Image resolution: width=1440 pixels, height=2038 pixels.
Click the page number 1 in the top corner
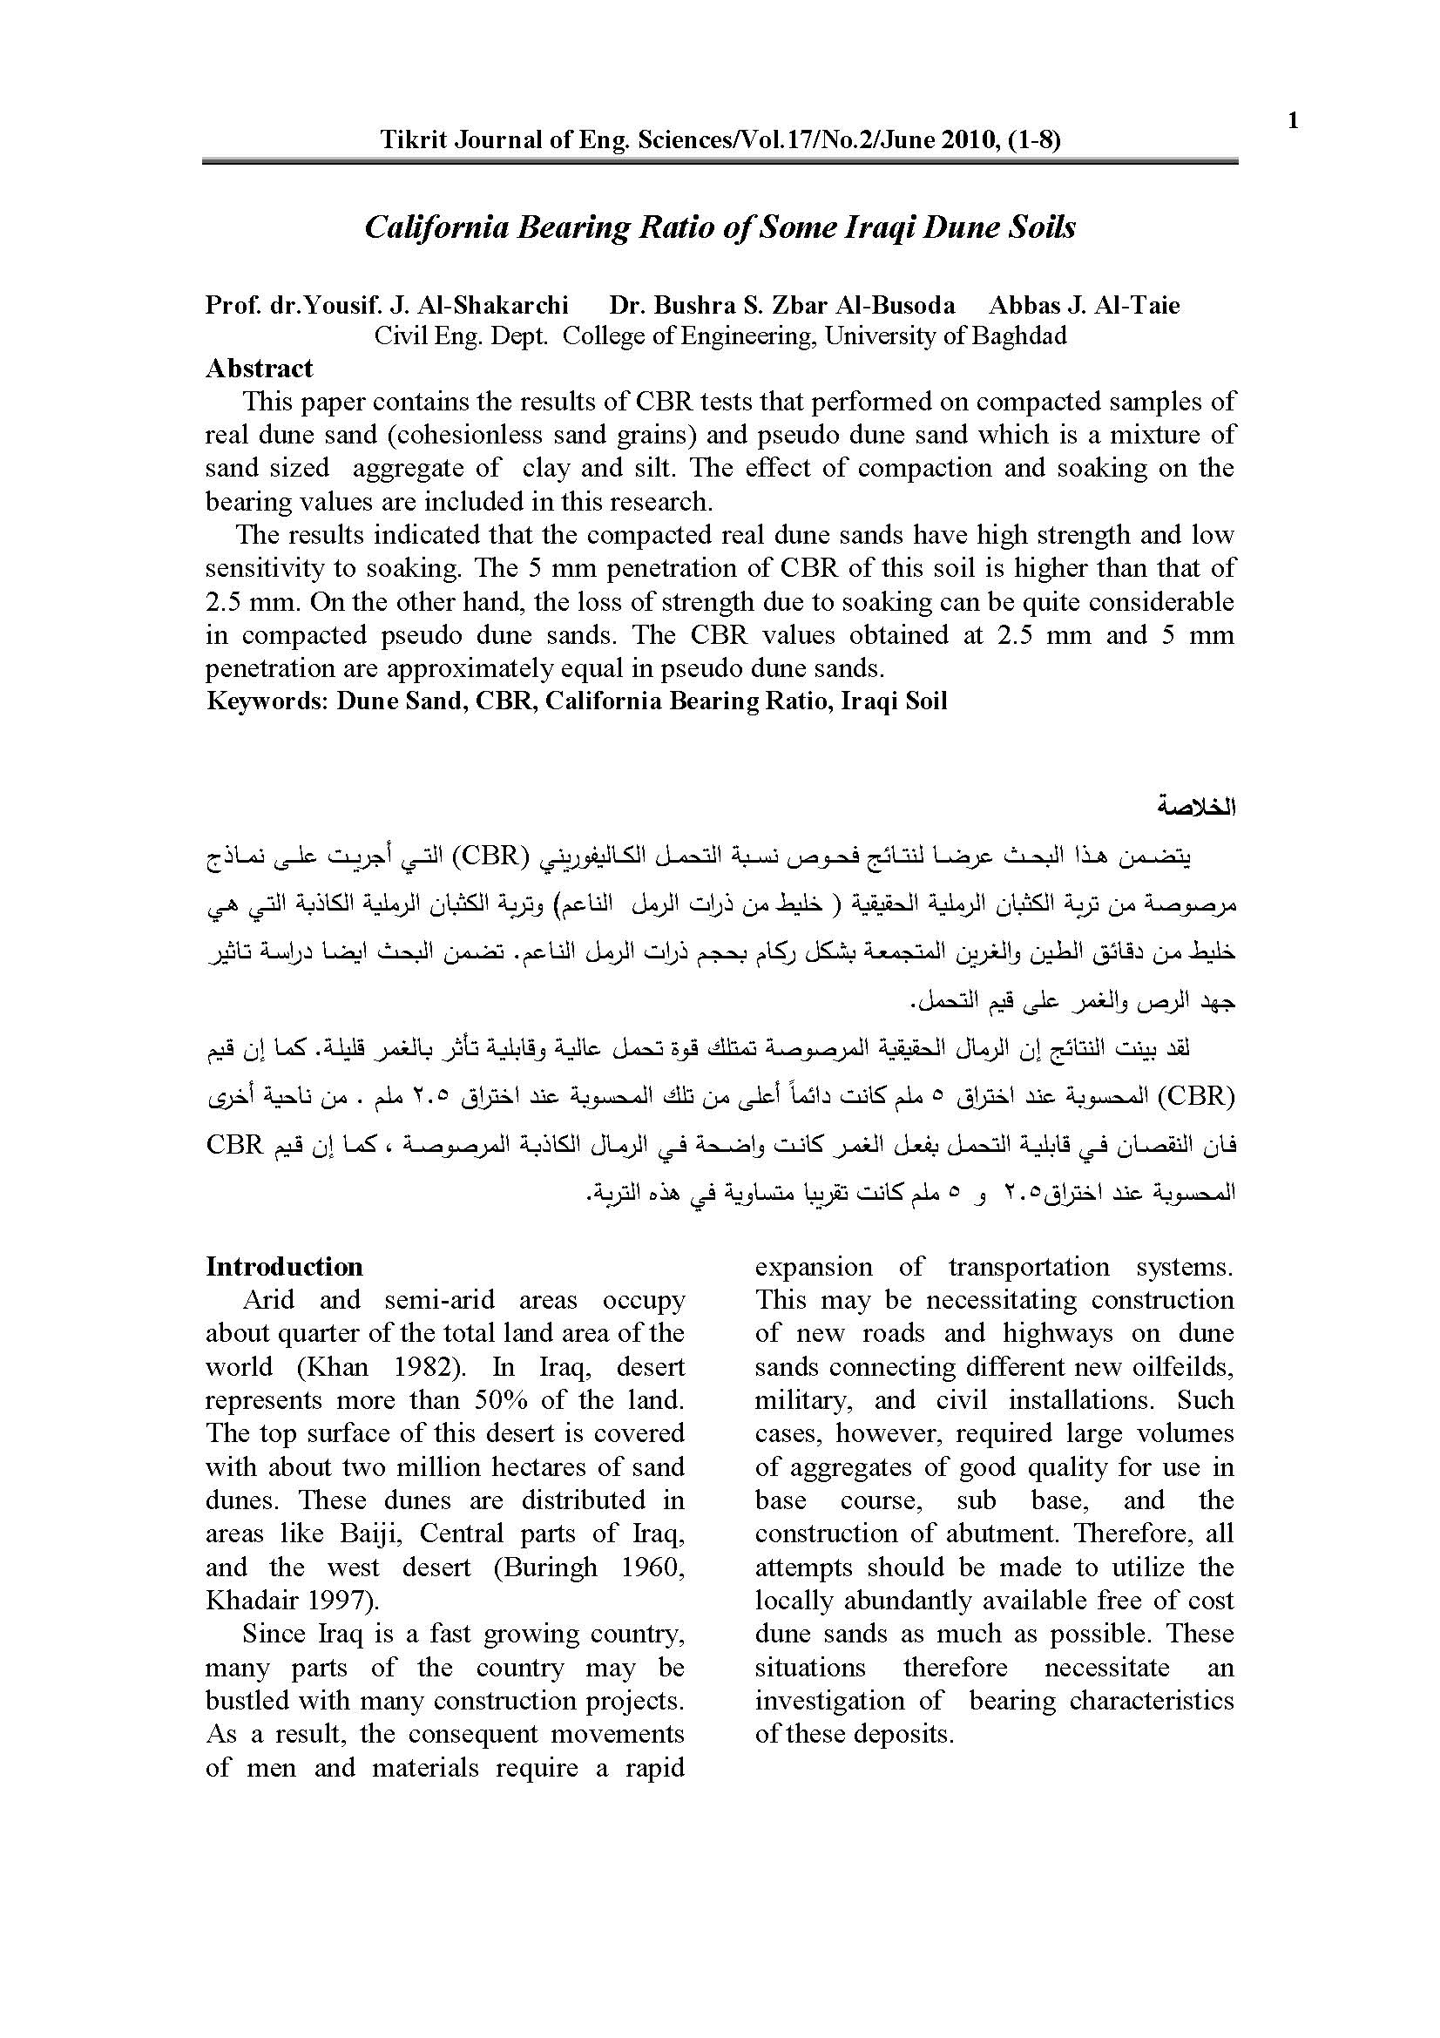point(1293,121)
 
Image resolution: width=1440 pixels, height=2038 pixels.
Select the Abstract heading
point(259,369)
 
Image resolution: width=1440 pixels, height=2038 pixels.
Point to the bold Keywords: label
point(267,701)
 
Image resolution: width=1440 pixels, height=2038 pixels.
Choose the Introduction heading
point(284,1267)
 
